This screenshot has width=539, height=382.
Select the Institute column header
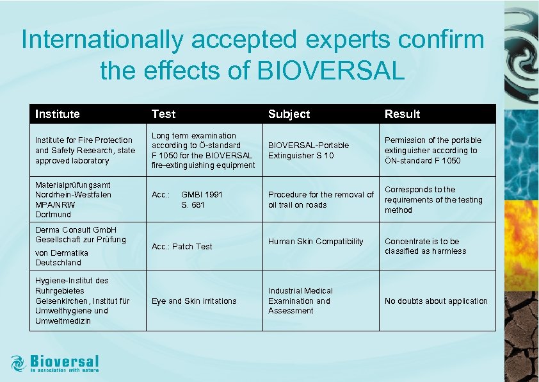58,114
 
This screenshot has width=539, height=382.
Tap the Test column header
163,114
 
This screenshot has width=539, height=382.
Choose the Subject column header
289,114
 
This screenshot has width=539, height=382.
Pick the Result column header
402,114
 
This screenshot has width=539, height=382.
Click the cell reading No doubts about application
435,301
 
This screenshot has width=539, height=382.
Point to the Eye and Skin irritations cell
193,301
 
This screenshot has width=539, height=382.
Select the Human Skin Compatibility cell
316,242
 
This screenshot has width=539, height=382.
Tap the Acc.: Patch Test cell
182,247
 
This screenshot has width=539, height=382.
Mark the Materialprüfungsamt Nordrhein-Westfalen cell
72,199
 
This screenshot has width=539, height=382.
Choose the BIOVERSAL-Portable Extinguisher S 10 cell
308,151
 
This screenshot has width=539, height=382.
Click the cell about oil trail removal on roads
321,199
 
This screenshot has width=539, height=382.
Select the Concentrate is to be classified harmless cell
425,246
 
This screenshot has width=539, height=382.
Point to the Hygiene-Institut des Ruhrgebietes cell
82,300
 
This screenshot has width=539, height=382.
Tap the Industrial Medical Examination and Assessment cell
300,301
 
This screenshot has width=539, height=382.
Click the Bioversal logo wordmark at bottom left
65,361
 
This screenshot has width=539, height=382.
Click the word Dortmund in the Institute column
53,215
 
